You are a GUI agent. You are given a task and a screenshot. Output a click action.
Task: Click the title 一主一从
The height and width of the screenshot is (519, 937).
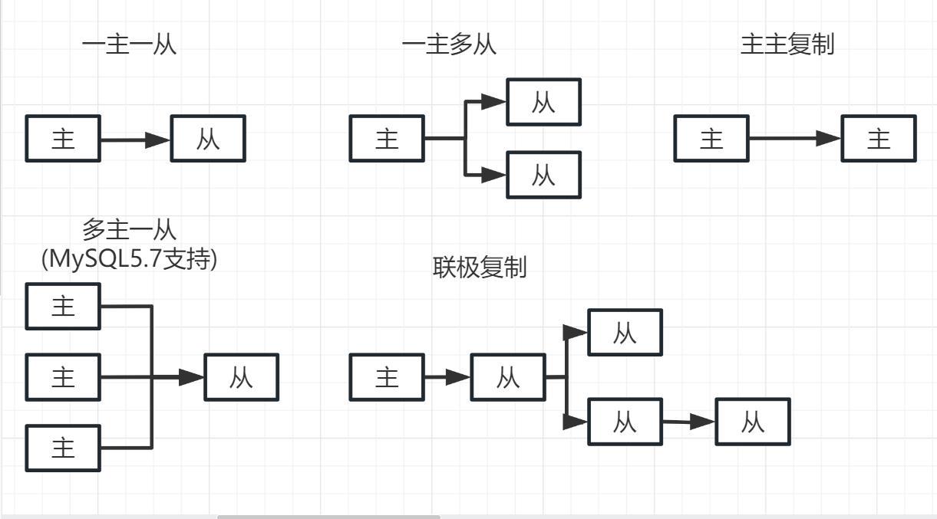129,44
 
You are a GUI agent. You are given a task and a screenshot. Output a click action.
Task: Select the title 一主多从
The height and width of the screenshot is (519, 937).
449,44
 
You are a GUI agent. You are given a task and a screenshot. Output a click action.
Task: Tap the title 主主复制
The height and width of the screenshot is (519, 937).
787,44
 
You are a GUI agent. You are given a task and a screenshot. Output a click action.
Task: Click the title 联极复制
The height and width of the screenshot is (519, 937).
480,268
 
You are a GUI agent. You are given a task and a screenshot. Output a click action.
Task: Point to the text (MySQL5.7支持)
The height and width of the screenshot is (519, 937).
130,259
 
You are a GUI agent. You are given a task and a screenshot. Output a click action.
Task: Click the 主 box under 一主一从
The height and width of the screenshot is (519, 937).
63,139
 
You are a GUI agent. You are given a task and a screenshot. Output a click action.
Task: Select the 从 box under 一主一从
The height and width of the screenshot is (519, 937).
208,139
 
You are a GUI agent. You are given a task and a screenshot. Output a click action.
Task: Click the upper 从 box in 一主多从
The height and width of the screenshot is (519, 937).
543,102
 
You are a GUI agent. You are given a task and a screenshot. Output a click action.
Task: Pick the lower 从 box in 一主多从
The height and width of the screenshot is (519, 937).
543,175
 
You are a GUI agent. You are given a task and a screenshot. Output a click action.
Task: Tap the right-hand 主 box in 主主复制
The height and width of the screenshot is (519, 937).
879,139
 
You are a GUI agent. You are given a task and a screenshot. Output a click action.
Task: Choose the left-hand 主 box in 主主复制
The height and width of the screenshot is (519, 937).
711,139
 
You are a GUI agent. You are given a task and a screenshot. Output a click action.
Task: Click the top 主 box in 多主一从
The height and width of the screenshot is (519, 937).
63,307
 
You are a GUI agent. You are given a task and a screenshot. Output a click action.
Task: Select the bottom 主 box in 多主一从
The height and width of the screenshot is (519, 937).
63,448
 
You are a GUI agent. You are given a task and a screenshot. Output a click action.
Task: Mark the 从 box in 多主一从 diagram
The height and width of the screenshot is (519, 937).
241,377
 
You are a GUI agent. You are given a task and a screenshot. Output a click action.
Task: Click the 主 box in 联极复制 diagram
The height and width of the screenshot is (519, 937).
387,377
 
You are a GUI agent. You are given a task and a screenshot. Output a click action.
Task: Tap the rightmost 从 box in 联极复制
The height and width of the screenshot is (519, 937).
752,422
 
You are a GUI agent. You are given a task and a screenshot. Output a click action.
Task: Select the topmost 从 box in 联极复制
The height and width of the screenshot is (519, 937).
625,333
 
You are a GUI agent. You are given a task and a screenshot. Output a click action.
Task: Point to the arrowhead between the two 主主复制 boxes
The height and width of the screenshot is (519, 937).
829,139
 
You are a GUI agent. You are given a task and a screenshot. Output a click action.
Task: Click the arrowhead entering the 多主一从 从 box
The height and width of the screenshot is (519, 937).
192,377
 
